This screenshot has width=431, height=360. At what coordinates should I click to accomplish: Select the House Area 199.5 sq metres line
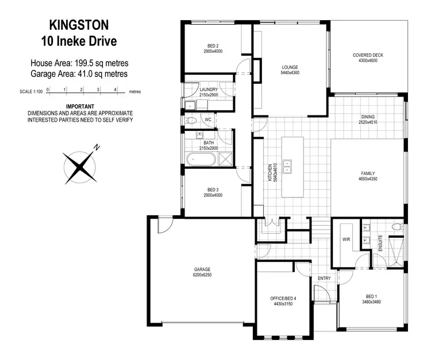coord(79,63)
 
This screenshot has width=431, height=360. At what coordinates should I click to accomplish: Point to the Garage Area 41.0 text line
coord(79,73)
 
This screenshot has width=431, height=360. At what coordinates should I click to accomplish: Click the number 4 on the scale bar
coord(116,89)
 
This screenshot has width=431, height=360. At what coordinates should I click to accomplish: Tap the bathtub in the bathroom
coord(201,159)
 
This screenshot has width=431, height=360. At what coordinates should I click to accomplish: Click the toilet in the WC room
coord(191,121)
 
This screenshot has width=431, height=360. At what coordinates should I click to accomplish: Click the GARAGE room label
coord(202,269)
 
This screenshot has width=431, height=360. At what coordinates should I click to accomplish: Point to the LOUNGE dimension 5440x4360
coord(289,73)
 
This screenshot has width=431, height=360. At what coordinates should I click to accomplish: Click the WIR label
coord(346,238)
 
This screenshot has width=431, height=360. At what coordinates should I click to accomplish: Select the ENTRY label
coord(324,278)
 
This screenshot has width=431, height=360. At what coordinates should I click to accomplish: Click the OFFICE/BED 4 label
coord(283,299)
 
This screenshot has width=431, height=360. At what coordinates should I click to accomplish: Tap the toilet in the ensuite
coord(395,228)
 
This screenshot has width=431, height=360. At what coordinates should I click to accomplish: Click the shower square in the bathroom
coord(225,160)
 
